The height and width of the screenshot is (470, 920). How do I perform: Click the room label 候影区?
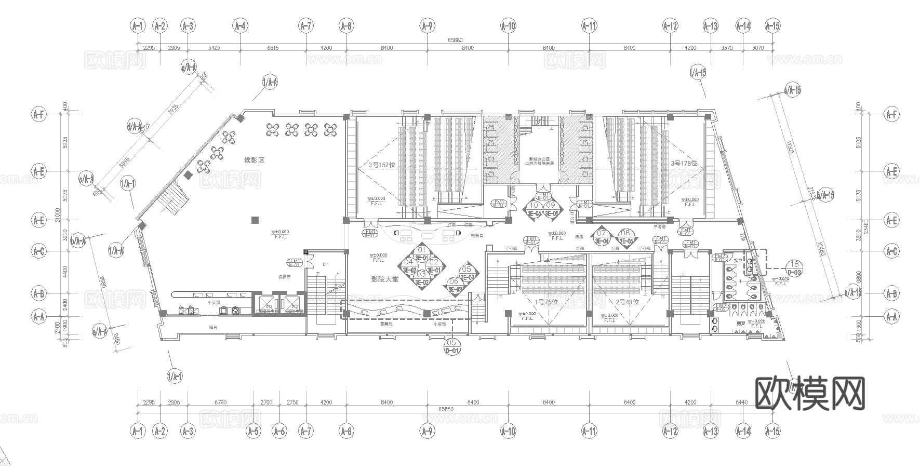[255, 160]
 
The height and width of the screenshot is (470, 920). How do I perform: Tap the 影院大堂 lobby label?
[384, 279]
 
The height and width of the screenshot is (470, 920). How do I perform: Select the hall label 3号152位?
[382, 165]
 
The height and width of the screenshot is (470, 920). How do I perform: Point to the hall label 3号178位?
[684, 163]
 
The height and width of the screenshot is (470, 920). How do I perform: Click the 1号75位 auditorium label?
[546, 302]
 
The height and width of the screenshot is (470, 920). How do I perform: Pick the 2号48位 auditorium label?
[627, 302]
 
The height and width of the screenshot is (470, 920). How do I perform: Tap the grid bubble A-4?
[240, 25]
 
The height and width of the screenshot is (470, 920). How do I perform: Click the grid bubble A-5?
[253, 431]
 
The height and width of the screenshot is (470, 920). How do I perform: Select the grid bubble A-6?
[279, 431]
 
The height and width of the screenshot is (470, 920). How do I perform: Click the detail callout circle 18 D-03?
[795, 267]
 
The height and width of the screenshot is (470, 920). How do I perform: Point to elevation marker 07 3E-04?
[601, 237]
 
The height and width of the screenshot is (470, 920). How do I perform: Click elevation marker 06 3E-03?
[454, 285]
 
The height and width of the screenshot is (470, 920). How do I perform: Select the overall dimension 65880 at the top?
[455, 40]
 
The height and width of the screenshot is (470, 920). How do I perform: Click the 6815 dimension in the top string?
[273, 48]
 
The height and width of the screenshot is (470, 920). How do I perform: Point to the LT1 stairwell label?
[326, 264]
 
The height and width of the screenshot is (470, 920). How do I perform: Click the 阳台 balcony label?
[213, 328]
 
